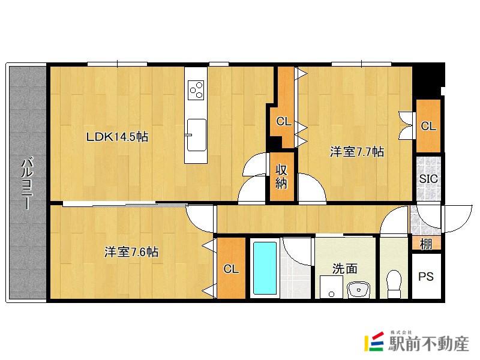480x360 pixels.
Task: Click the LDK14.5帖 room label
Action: click(x=117, y=137)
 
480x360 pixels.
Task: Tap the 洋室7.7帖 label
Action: click(x=356, y=152)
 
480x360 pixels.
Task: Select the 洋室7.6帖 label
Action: click(x=131, y=252)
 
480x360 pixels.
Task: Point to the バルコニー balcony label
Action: click(x=27, y=184)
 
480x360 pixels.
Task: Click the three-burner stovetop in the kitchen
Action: click(x=196, y=90)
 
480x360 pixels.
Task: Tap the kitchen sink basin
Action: click(x=196, y=134)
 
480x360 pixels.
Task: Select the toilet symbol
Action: click(x=394, y=283)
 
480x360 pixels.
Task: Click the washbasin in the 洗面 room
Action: click(x=358, y=290)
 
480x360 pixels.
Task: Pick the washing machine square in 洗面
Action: click(x=331, y=287)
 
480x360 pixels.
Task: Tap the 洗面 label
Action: click(x=344, y=268)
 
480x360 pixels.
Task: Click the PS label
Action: click(x=425, y=277)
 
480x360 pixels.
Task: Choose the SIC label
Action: click(x=428, y=178)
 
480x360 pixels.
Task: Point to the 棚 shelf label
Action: click(x=426, y=244)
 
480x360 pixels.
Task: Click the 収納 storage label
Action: click(x=281, y=176)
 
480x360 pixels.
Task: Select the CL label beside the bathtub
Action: click(x=231, y=269)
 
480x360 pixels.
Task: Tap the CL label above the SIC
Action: click(x=428, y=126)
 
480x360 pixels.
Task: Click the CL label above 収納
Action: click(x=283, y=122)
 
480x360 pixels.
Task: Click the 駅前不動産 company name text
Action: click(x=428, y=344)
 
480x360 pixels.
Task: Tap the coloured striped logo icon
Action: click(x=374, y=341)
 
